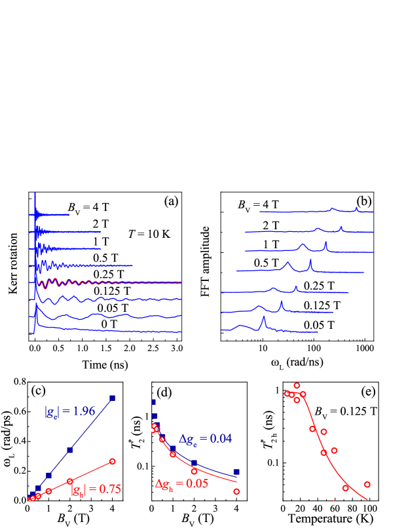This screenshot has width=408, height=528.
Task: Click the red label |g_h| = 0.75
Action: (96, 489)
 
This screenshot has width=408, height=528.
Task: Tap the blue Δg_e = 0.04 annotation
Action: (206, 439)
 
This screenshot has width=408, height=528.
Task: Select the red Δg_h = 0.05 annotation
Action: (181, 484)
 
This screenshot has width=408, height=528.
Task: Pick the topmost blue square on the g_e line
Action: (113, 398)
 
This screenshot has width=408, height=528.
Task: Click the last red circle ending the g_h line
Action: (113, 461)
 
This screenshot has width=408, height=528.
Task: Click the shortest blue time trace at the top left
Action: (52, 214)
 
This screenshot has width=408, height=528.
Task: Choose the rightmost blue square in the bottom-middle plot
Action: (236, 472)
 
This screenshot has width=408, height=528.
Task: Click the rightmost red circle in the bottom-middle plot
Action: (236, 491)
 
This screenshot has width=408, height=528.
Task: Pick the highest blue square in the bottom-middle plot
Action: (153, 402)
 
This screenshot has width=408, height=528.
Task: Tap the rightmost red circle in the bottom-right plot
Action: (367, 485)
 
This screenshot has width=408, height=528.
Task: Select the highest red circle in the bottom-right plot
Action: (297, 385)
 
